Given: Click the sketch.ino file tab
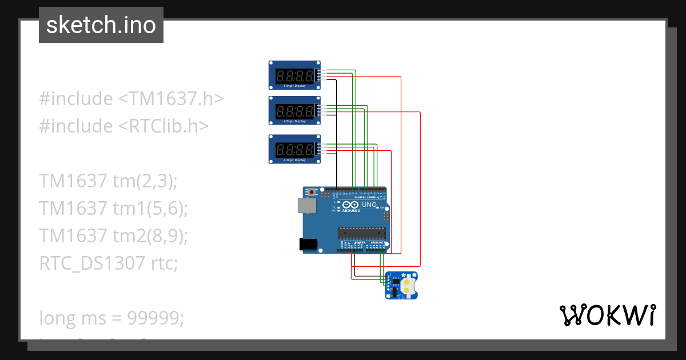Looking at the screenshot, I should (101, 25).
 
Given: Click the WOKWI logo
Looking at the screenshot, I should (607, 315).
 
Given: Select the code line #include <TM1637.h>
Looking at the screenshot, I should (131, 98).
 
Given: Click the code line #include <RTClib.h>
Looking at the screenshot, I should (124, 126).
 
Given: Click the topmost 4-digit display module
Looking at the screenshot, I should (294, 75).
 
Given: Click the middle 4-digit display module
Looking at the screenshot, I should (294, 110).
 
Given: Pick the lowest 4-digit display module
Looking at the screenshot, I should (294, 150).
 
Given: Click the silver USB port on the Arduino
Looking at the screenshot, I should (306, 206).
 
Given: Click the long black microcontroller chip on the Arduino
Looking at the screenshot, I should (361, 232).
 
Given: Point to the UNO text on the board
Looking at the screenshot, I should (369, 205).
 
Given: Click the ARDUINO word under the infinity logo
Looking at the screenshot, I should (351, 211).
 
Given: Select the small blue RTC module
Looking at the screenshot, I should (401, 285).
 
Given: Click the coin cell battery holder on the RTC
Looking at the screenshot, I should (407, 285).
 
